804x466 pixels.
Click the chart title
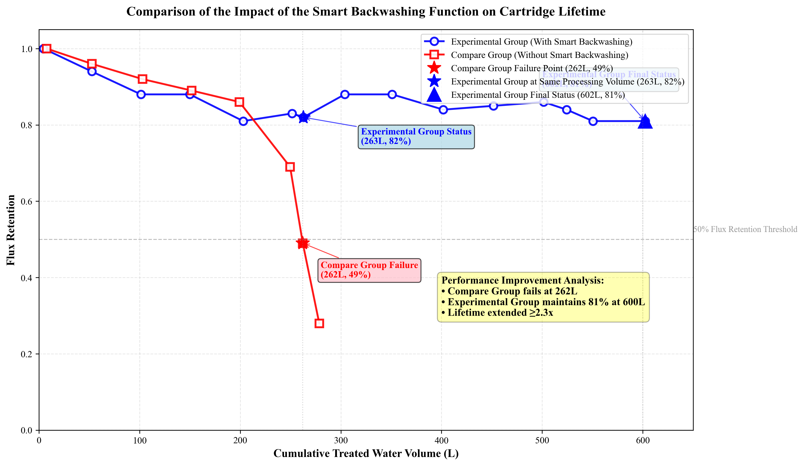[x=366, y=12]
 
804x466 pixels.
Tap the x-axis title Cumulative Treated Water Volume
[x=366, y=454]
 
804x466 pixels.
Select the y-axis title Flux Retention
[x=11, y=230]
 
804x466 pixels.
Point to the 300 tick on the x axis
[x=341, y=441]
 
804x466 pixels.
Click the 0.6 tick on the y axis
[x=27, y=201]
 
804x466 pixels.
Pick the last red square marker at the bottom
[x=319, y=323]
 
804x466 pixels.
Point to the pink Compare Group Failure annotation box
[x=369, y=270]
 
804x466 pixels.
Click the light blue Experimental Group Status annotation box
[x=416, y=137]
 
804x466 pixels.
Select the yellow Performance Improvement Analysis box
[x=543, y=297]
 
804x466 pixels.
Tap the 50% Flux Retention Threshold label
[x=745, y=229]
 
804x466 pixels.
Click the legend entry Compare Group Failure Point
[x=531, y=68]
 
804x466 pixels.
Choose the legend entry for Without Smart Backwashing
[x=539, y=55]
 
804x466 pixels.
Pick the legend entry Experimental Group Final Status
[x=538, y=95]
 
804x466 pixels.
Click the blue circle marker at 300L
[x=345, y=94]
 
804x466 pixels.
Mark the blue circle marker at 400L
[x=443, y=110]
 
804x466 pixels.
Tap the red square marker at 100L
[x=143, y=79]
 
